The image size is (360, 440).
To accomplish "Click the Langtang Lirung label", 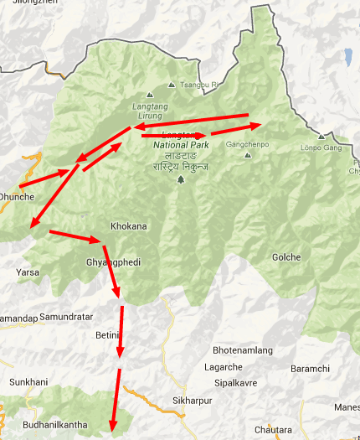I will coord(150,108).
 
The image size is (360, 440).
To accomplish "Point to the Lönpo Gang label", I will coord(321,148).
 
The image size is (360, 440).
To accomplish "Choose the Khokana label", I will coord(129,226).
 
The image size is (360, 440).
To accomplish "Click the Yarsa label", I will coord(28,272).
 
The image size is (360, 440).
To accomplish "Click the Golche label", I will coord(286,257).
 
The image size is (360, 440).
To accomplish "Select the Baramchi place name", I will coord(310,369).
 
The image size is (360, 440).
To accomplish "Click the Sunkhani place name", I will coord(29,382).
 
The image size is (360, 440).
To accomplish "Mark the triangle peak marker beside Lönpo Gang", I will coord(321,136).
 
